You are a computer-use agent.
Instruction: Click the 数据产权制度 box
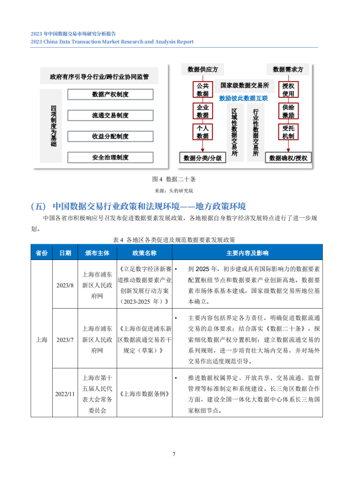pos(110,95)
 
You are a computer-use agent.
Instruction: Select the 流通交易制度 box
pos(110,116)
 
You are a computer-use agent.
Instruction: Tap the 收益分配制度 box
pos(110,136)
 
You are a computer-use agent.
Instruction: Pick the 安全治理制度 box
pos(110,158)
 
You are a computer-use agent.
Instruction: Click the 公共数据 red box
pos(202,90)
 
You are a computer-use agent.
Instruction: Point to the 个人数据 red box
pos(202,132)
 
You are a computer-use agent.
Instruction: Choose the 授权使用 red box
pos(288,90)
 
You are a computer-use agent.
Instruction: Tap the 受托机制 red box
pos(288,132)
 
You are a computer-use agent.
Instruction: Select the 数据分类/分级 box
pos(202,158)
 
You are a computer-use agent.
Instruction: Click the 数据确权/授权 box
pos(288,158)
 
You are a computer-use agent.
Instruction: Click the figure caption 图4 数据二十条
pos(174,179)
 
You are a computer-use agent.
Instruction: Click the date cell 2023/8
pos(65,286)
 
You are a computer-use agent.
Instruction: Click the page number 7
pos(174,454)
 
